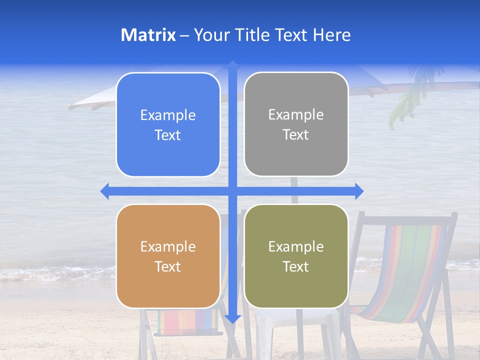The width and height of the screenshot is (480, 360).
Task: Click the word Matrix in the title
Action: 148,34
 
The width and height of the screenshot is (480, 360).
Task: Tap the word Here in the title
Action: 332,34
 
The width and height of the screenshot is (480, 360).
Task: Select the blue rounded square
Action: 168,124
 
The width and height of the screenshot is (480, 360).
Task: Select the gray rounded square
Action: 296,124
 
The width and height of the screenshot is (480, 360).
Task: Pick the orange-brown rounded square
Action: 168,256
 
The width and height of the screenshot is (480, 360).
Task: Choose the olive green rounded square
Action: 296,256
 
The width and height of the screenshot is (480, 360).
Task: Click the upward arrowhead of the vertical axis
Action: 232,64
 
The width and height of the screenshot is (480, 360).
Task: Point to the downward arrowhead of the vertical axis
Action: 232,318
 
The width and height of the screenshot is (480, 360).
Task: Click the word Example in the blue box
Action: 168,115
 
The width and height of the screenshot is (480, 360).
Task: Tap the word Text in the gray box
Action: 296,134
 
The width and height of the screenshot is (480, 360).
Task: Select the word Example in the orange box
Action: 168,246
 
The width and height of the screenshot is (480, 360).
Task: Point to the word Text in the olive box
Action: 296,266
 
